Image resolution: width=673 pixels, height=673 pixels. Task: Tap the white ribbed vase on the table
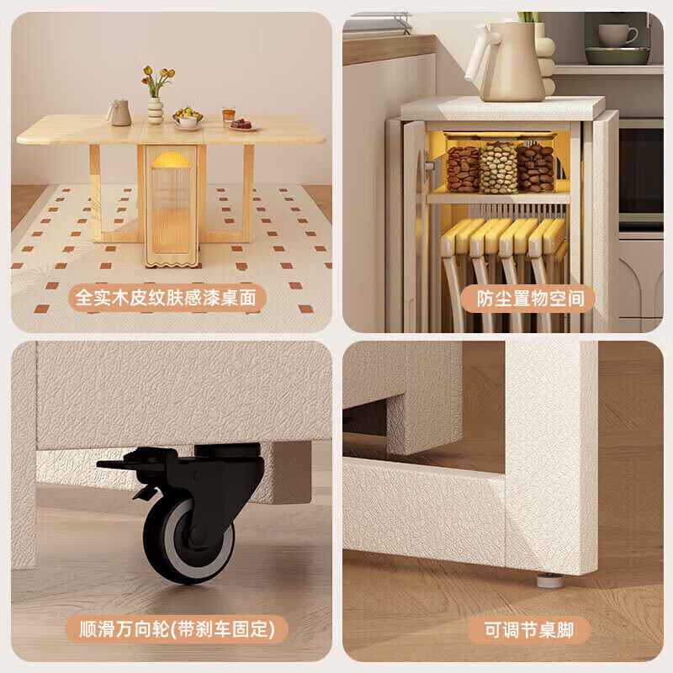coord(156,111)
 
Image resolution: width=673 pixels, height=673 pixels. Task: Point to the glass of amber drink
coord(228,116)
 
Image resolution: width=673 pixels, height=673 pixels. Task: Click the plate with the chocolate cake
coord(242,125)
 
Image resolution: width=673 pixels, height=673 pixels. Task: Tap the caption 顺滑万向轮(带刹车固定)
coord(177,629)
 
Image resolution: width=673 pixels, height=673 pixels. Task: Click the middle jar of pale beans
coord(498,167)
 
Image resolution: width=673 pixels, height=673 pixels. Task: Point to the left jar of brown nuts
coord(463,169)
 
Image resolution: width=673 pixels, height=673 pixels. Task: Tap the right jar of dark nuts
coord(535,167)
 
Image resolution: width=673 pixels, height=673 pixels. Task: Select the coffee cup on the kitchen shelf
coord(617,34)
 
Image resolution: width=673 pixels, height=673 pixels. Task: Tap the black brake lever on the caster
coord(126,464)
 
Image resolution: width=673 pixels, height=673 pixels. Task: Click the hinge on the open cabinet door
coord(428,166)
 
